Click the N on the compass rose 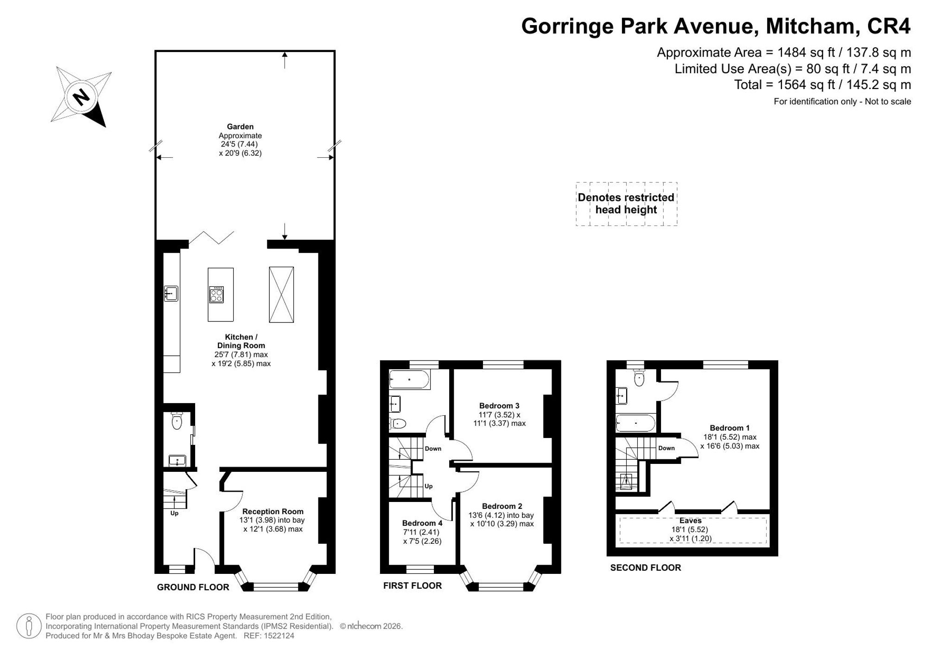(x=82, y=97)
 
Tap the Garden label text (x=240, y=126)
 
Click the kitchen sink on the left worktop (x=171, y=293)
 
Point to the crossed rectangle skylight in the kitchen (x=281, y=295)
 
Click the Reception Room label (x=273, y=511)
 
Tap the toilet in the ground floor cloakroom (x=177, y=420)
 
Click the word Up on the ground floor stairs (x=174, y=513)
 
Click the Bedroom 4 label (x=422, y=523)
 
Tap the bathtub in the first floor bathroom (x=410, y=379)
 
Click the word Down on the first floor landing (x=433, y=449)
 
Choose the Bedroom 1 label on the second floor (x=730, y=428)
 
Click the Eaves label (x=691, y=521)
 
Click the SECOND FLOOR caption (x=646, y=567)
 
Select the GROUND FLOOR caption (x=193, y=587)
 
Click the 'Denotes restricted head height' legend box (x=626, y=204)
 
